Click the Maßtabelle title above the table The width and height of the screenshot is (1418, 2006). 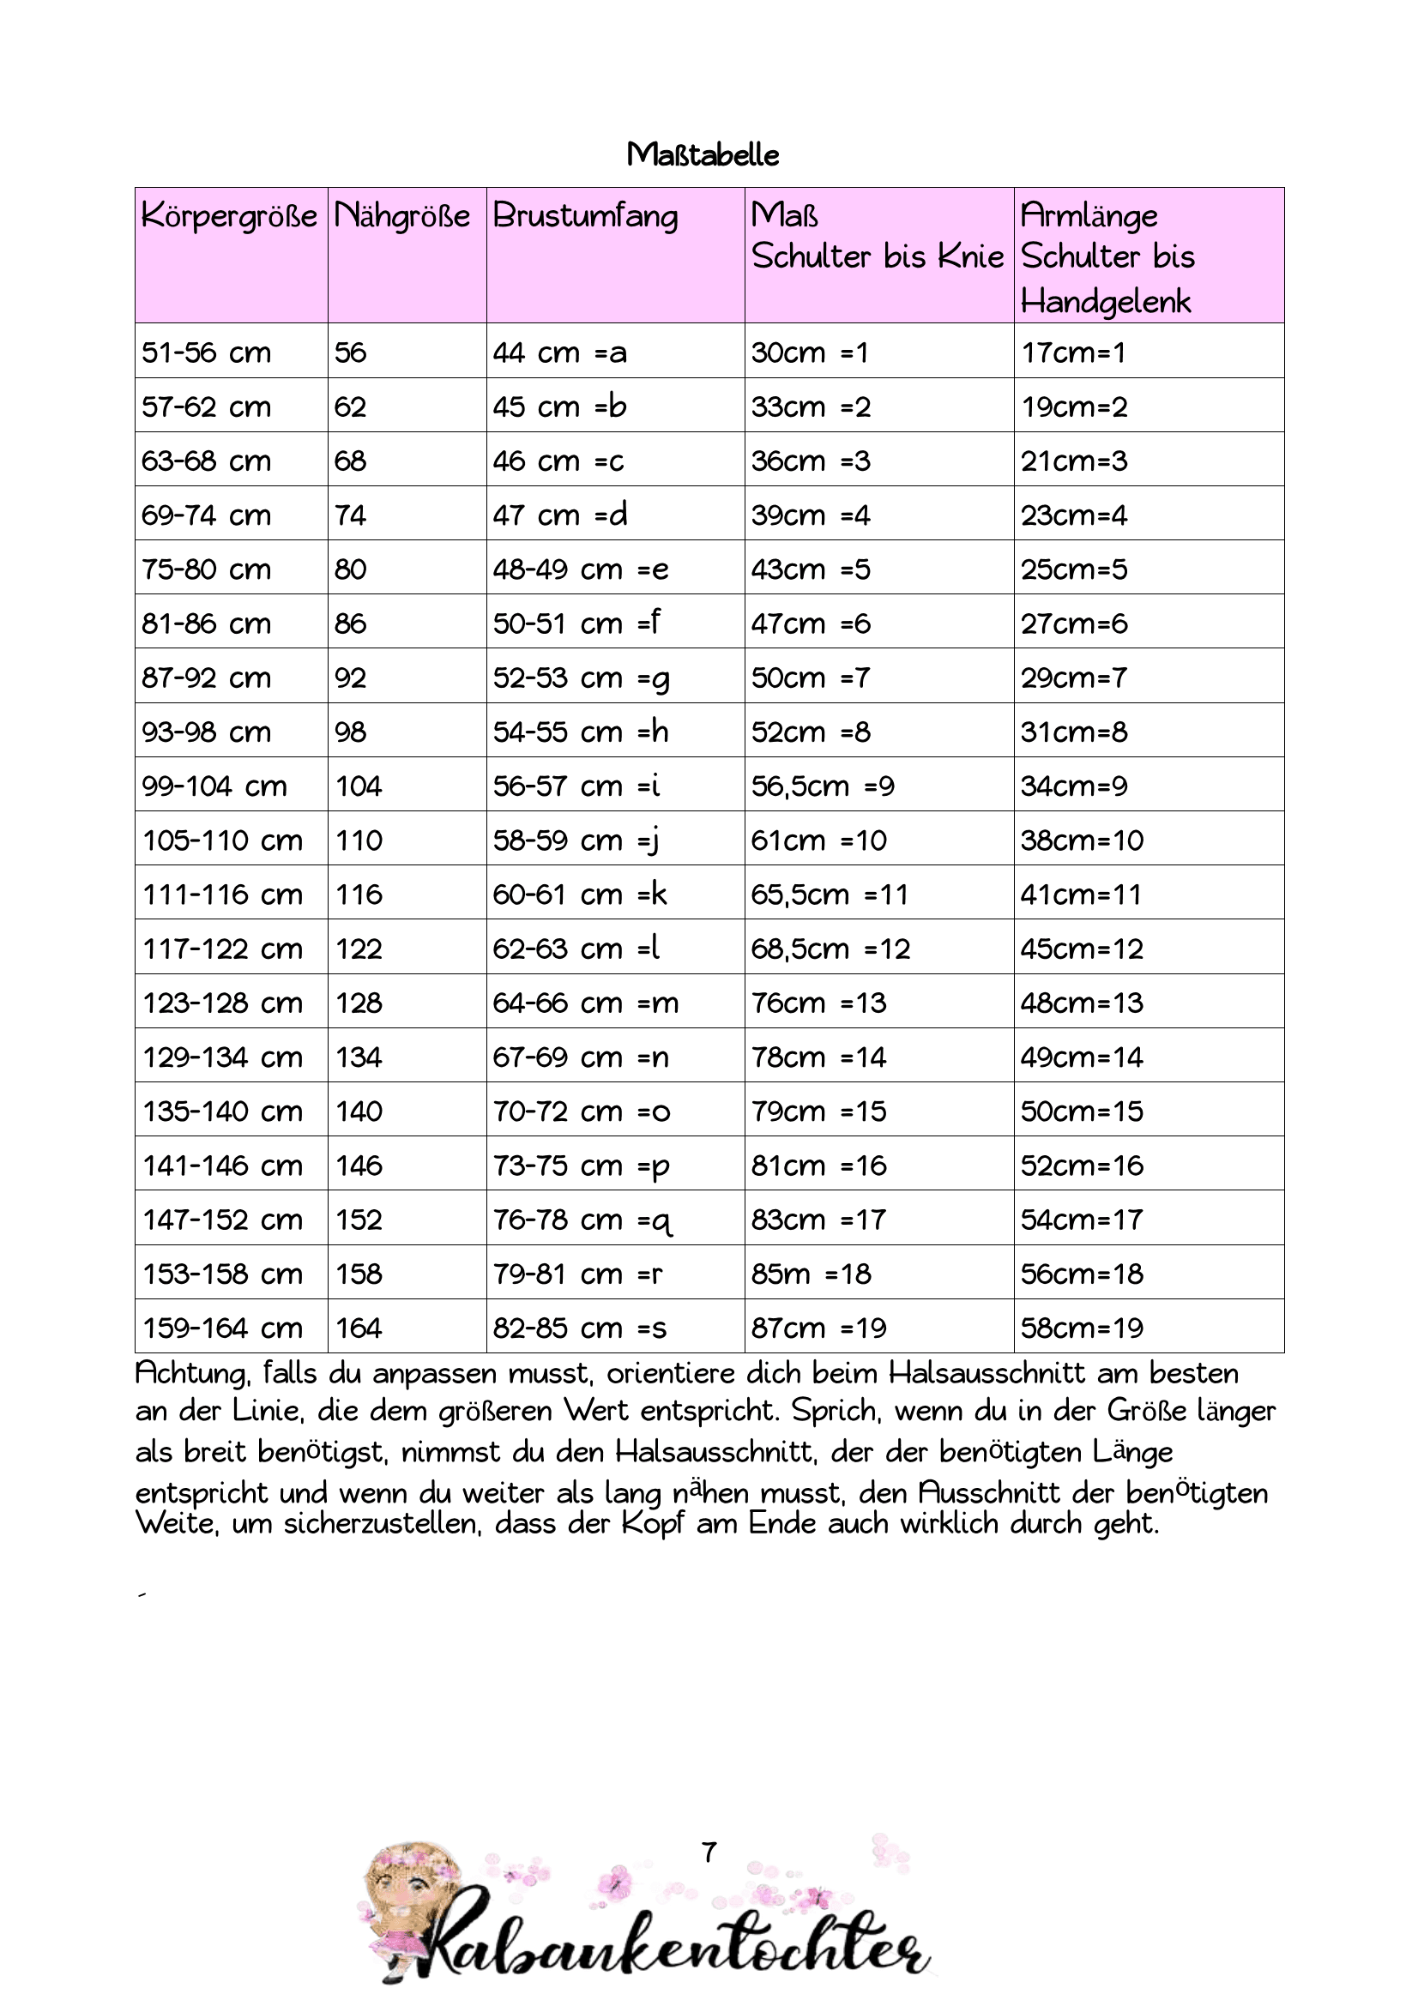pyautogui.click(x=703, y=154)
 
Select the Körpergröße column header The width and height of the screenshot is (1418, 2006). pyautogui.click(x=229, y=216)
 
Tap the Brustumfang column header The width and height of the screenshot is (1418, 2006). pyautogui.click(x=584, y=216)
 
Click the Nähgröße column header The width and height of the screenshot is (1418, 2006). pyautogui.click(x=402, y=216)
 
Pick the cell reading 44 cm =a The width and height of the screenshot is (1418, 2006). pyautogui.click(x=559, y=352)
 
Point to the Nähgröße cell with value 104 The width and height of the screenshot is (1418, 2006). pyautogui.click(x=359, y=786)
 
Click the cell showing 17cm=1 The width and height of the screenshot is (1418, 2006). pyautogui.click(x=1073, y=352)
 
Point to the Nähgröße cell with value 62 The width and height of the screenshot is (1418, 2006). pyautogui.click(x=350, y=407)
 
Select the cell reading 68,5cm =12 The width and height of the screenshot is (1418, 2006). pyautogui.click(x=830, y=949)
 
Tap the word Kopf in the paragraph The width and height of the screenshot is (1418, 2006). pyautogui.click(x=652, y=1523)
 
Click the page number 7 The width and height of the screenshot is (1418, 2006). pyautogui.click(x=709, y=1852)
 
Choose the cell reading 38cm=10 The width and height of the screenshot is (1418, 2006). pyautogui.click(x=1082, y=840)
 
